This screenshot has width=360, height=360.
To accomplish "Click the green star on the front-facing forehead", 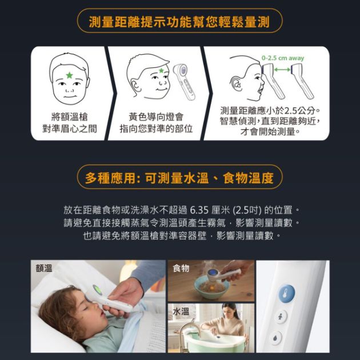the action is [x=69, y=75].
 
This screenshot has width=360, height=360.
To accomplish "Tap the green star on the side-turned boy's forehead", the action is [x=161, y=70].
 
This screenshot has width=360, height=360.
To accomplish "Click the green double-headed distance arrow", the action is [x=282, y=69].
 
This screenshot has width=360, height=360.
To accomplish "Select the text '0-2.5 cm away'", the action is [x=283, y=58].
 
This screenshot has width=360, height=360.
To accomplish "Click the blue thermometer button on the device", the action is [x=286, y=293].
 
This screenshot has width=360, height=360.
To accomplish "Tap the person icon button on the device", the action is [x=281, y=317].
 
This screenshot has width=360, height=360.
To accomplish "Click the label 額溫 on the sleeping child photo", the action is [x=44, y=268].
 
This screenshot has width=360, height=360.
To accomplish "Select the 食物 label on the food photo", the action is [x=181, y=268].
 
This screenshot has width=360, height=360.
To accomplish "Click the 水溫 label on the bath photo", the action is [x=181, y=311].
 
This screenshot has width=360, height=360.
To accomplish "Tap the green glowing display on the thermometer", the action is [x=97, y=290].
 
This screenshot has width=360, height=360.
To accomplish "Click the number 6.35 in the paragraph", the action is [x=199, y=210].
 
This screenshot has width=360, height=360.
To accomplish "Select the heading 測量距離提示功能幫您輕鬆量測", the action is [x=179, y=22].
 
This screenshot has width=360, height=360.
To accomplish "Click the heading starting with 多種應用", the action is [x=179, y=178].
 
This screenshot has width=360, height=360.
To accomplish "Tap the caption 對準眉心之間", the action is [x=70, y=129].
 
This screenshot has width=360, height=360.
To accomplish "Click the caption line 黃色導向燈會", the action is [x=156, y=117].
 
